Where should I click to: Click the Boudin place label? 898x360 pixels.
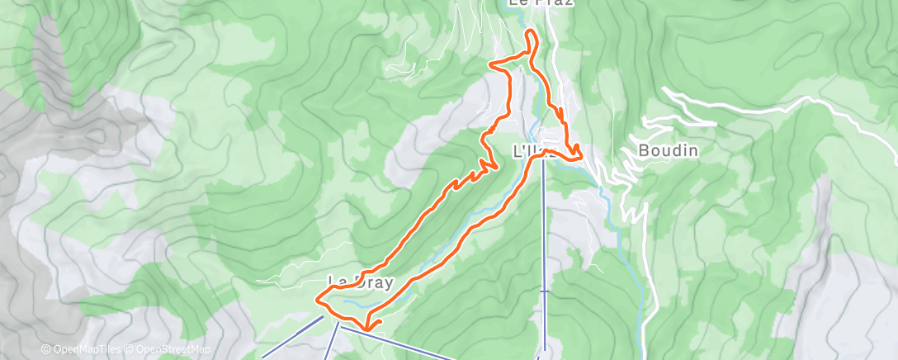pyautogui.click(x=669, y=151)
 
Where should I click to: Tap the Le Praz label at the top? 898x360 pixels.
pyautogui.click(x=528, y=4)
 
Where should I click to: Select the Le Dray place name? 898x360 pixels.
pyautogui.click(x=361, y=282)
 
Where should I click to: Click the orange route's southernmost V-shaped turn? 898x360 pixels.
pyautogui.click(x=368, y=329)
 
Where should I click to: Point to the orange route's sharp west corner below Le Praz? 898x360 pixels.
pyautogui.click(x=492, y=64)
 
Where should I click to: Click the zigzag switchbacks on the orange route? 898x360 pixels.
pyautogui.click(x=479, y=172)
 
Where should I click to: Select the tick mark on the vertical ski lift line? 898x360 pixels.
pyautogui.click(x=543, y=291)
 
